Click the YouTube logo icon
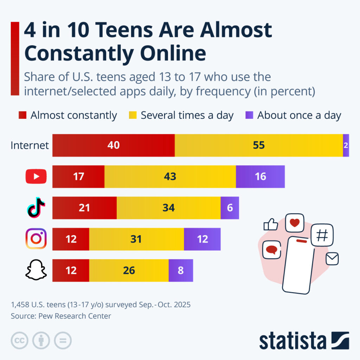click(x=36, y=176)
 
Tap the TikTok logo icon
click(x=36, y=207)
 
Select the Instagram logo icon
click(x=36, y=239)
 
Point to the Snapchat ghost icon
click(x=36, y=270)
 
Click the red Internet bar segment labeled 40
click(x=114, y=145)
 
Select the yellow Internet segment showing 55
click(x=259, y=145)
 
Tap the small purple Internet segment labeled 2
click(x=346, y=145)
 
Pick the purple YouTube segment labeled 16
click(x=261, y=176)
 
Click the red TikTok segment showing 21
click(x=84, y=208)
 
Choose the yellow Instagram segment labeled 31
click(x=136, y=239)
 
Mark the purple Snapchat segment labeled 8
click(x=181, y=270)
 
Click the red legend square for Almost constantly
click(x=22, y=115)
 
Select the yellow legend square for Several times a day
click(x=133, y=115)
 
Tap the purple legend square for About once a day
click(x=249, y=115)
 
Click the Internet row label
click(x=30, y=145)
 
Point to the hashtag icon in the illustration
click(x=322, y=235)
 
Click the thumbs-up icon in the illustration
click(x=271, y=224)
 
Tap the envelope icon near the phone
click(x=332, y=259)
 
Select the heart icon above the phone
click(x=295, y=223)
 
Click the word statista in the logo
click(x=293, y=341)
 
